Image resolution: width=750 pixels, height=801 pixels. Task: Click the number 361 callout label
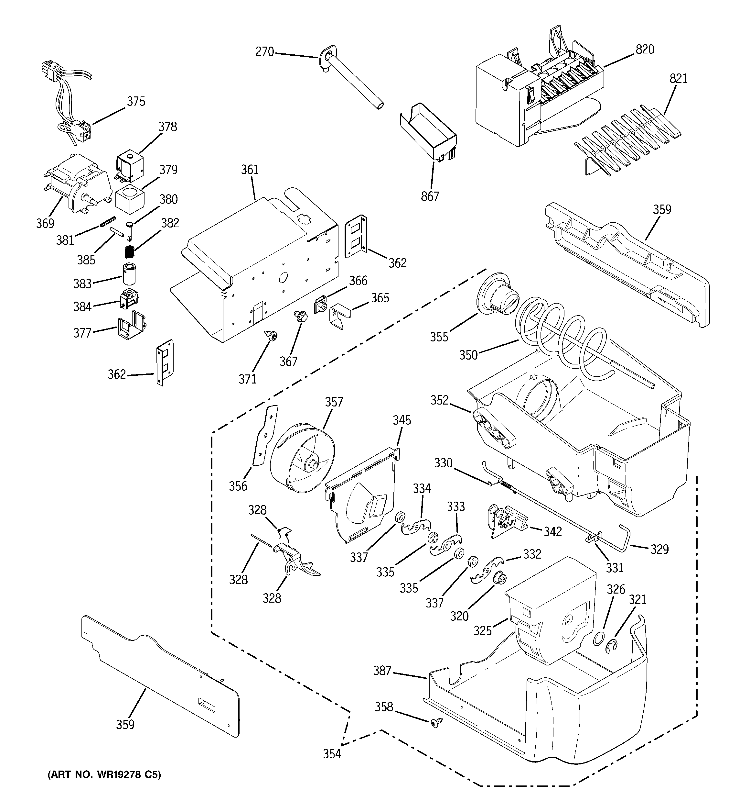click(250, 170)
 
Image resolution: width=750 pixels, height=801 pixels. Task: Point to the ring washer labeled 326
click(599, 640)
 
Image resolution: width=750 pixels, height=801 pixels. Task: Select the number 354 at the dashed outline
click(332, 753)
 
